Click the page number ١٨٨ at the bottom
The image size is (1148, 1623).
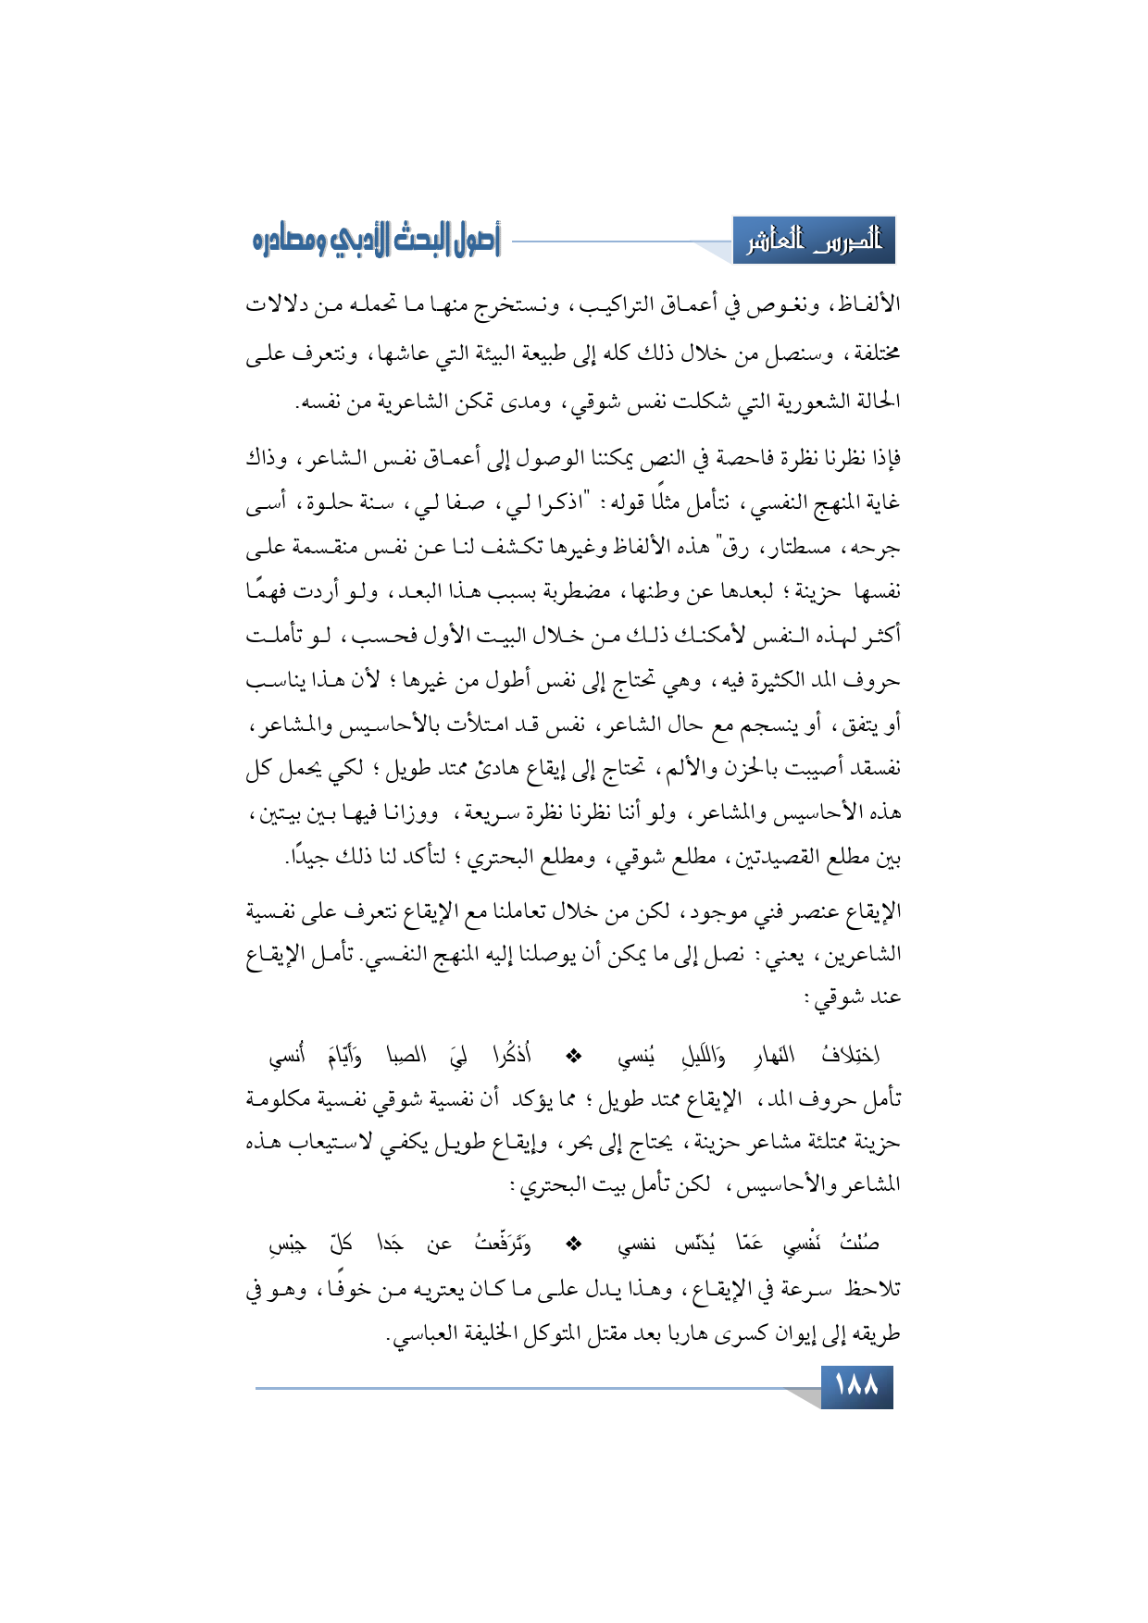(x=856, y=1387)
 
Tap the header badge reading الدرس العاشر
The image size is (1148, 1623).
(x=814, y=242)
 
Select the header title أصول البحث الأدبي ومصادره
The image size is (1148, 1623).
(x=376, y=242)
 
